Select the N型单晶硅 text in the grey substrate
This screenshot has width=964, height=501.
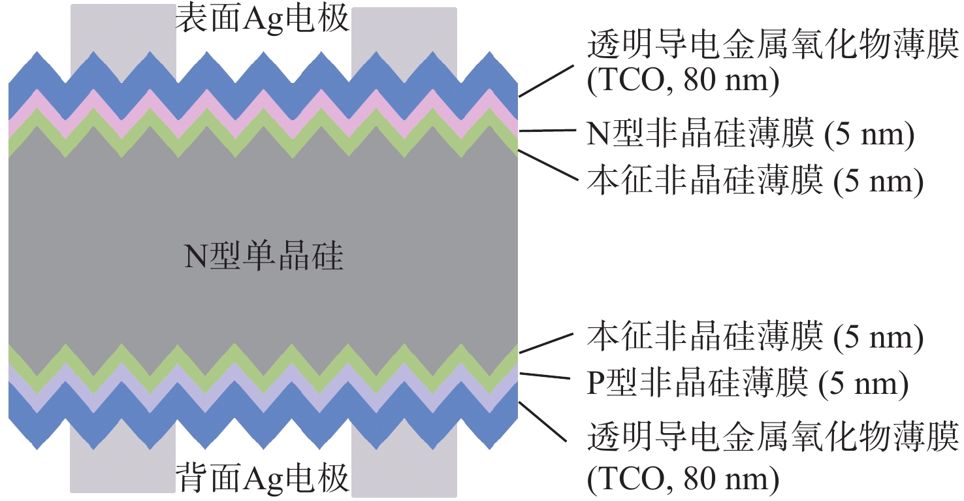(x=263, y=257)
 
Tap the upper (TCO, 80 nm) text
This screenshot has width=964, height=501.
(x=683, y=82)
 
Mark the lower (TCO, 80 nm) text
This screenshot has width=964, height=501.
(x=683, y=481)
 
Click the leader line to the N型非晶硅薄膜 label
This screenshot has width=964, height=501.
(x=546, y=131)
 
